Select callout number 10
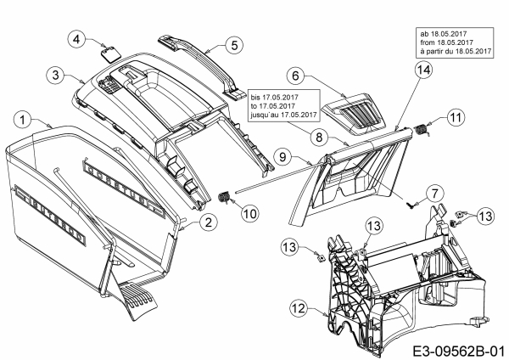[248, 214]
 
